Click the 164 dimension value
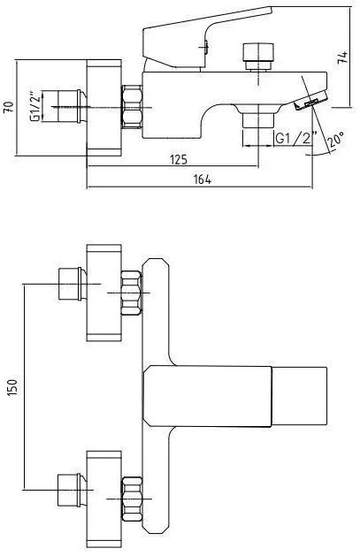(203, 179)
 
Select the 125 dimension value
(179, 160)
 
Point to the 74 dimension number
(343, 57)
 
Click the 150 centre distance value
(11, 387)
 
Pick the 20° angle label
(335, 140)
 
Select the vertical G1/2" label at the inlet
(34, 107)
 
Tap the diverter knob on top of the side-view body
(258, 57)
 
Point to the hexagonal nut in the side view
(132, 106)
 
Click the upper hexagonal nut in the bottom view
(132, 293)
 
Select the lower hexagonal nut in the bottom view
(132, 499)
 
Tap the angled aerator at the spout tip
(310, 101)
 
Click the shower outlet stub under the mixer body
(258, 120)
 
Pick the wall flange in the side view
(104, 108)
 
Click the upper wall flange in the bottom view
(104, 293)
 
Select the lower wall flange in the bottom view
(104, 499)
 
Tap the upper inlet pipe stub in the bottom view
(72, 284)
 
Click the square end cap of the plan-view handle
(299, 396)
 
